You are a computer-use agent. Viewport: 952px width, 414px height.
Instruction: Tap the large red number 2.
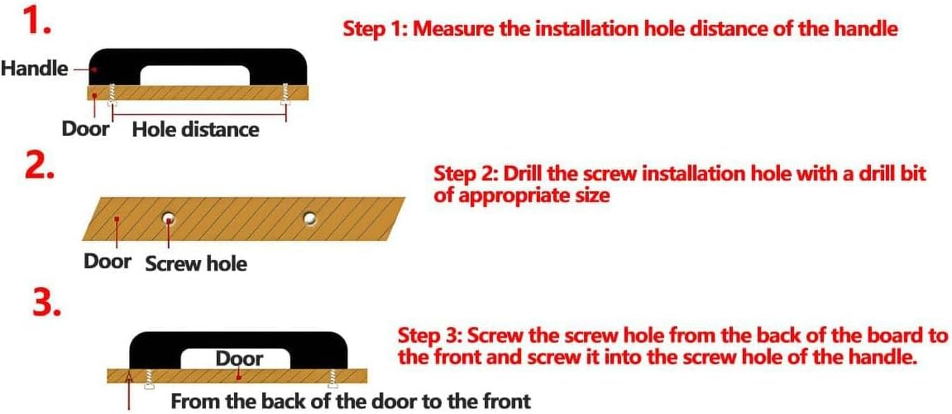point(39,166)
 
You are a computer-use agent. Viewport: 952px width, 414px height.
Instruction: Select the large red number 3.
point(47,302)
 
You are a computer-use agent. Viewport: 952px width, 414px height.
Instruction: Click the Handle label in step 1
point(34,68)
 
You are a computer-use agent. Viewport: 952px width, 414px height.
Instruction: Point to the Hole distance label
point(195,129)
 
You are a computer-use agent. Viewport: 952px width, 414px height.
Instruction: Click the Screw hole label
point(196,263)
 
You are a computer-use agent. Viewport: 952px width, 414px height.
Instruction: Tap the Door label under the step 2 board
point(108,261)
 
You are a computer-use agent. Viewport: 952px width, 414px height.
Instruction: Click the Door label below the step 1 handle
point(85,129)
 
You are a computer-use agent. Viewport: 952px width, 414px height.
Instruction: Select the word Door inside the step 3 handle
point(239,358)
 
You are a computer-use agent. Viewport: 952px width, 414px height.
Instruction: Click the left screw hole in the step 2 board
point(168,218)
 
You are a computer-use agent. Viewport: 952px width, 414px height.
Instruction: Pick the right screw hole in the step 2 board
point(310,218)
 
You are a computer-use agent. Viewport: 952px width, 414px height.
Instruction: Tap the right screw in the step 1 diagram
point(285,94)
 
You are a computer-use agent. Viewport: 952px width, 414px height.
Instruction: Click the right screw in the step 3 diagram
point(333,378)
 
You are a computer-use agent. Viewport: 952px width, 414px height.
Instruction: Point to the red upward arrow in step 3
point(129,391)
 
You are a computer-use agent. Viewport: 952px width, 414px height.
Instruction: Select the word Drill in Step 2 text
point(522,174)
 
